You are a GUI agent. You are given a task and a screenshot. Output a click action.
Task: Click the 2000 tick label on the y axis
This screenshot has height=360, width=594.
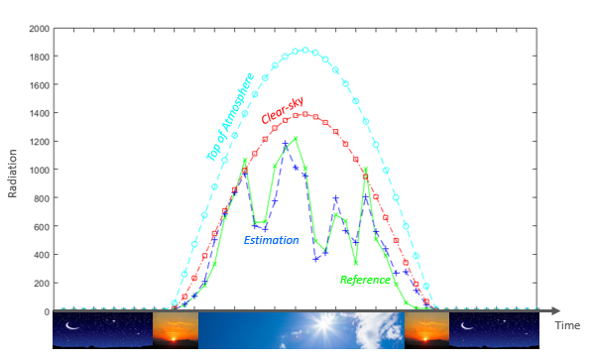(39, 29)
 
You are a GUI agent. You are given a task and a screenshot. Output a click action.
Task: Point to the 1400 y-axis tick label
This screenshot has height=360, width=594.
(39, 113)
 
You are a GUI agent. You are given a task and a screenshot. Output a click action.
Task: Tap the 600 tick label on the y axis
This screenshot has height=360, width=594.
(42, 226)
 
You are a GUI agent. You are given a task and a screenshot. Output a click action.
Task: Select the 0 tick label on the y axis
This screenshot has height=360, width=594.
(47, 311)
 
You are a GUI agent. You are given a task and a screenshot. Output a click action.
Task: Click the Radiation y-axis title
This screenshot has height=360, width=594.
(13, 174)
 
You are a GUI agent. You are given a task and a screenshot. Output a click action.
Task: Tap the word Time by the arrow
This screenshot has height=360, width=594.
(567, 325)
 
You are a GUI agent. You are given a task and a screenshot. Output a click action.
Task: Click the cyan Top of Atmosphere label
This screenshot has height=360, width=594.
(230, 117)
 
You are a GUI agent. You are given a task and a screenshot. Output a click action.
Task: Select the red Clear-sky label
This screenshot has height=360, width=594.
(283, 110)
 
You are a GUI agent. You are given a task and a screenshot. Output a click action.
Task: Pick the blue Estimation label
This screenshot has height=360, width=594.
(272, 240)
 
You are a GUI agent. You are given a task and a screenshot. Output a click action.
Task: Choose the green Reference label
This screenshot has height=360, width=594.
(365, 280)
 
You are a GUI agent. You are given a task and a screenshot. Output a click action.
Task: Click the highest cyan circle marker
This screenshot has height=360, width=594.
(305, 50)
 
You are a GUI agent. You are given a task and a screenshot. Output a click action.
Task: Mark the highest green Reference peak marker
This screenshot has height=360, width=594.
(296, 138)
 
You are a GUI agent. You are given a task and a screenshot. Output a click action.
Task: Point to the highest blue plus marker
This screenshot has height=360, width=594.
(286, 143)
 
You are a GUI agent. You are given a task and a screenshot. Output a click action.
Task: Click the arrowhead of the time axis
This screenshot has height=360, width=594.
(555, 311)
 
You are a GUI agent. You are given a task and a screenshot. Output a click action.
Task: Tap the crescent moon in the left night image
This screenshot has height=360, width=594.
(71, 325)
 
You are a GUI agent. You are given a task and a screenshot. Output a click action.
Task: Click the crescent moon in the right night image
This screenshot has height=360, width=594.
(466, 325)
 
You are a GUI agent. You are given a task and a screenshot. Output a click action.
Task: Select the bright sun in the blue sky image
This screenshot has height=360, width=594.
(324, 324)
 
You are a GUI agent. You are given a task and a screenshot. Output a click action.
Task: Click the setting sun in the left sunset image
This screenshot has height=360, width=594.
(174, 339)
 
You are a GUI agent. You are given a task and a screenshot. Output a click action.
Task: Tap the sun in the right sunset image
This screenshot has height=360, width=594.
(425, 339)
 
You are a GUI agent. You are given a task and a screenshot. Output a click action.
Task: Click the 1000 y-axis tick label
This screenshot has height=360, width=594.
(39, 171)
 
